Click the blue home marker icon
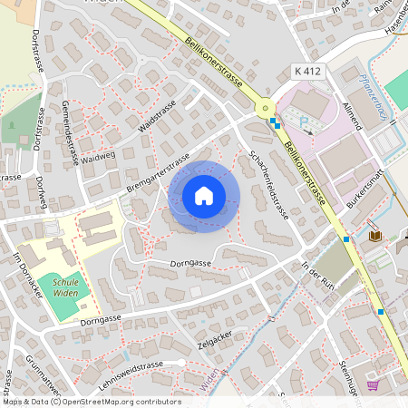click(204, 196)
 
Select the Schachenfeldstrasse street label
click(268, 186)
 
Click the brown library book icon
click(375, 237)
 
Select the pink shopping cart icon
click(372, 384)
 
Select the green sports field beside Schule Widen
click(64, 299)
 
